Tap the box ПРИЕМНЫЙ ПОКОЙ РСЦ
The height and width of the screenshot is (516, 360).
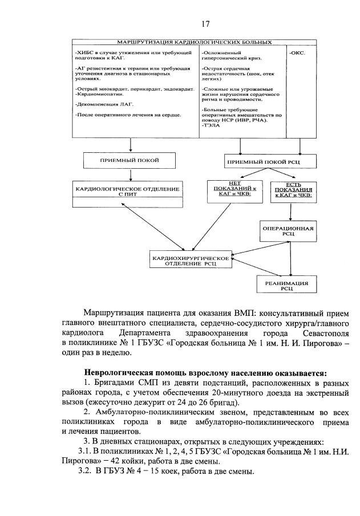(x=263, y=162)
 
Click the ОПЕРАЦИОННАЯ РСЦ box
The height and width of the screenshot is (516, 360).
(x=288, y=230)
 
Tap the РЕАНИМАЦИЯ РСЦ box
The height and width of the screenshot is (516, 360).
(x=286, y=285)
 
